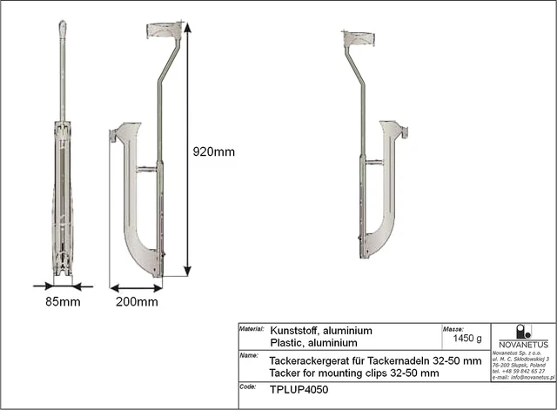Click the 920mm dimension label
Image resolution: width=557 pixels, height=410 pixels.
(x=213, y=151)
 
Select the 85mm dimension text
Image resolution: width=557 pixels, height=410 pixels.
(x=64, y=302)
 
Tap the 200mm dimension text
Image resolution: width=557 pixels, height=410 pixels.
(x=138, y=302)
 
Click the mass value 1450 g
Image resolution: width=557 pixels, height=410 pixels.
(x=462, y=339)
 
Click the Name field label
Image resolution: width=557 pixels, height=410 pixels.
(x=247, y=356)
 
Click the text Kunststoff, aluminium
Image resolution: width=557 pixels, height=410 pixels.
(x=322, y=331)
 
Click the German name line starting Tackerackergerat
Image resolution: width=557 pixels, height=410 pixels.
(x=375, y=360)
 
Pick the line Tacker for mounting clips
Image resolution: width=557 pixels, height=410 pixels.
(x=354, y=373)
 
